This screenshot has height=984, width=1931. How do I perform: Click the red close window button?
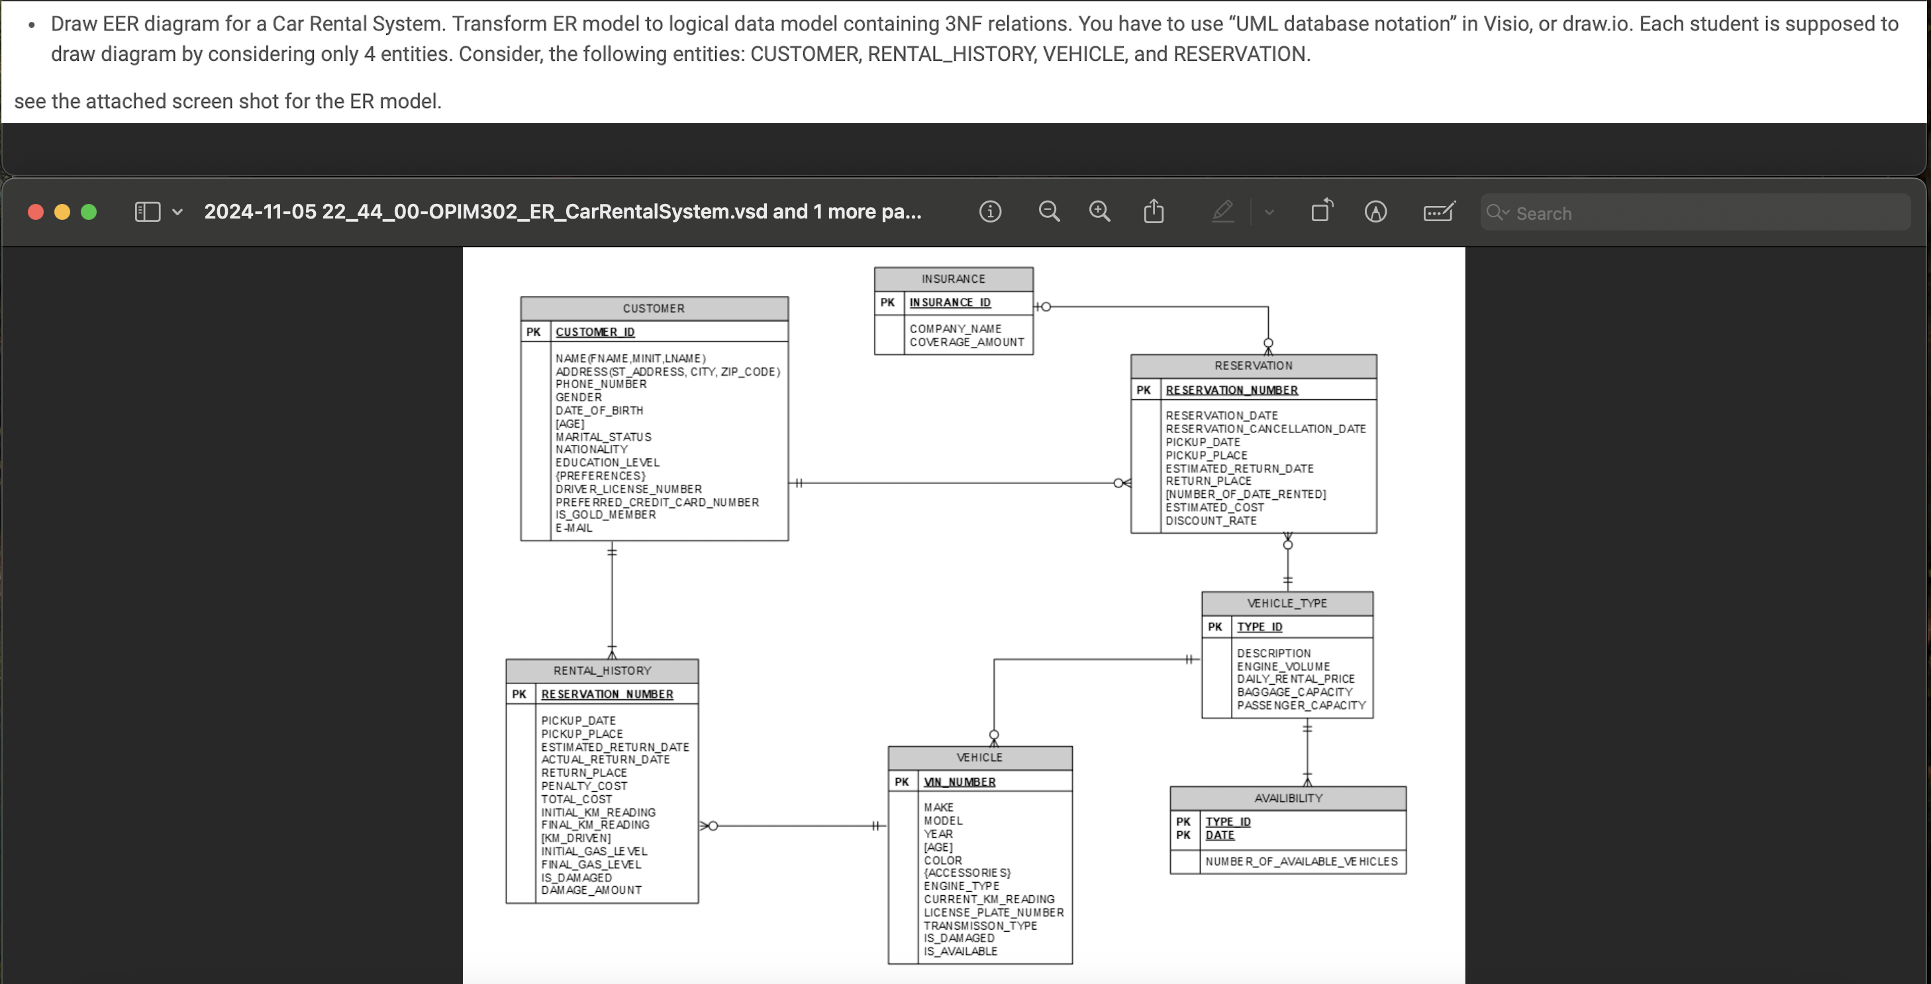tap(35, 212)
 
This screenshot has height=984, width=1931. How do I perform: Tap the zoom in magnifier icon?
tap(1099, 212)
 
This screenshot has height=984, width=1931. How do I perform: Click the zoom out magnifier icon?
tap(1049, 212)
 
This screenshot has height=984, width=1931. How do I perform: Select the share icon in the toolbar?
tap(1154, 212)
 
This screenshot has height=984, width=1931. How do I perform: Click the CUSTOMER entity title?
tap(654, 309)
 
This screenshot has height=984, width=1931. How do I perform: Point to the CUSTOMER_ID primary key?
tap(595, 332)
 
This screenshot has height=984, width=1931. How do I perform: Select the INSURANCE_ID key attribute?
tap(950, 303)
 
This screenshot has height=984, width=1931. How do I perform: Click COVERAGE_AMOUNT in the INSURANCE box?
tap(966, 342)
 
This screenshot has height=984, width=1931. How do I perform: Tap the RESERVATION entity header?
tap(1254, 366)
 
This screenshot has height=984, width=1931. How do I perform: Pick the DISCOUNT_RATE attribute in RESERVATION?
tap(1211, 521)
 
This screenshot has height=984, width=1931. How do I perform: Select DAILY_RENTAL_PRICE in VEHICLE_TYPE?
tap(1295, 679)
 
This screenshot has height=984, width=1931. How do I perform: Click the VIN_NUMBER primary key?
tap(960, 781)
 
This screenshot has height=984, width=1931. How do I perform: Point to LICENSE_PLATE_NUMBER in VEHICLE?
tap(993, 912)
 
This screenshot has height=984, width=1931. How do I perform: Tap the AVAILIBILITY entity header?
tap(1288, 798)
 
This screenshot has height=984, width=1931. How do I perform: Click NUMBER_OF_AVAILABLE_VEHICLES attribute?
tap(1301, 862)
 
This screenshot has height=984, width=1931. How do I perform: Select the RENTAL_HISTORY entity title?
tap(602, 671)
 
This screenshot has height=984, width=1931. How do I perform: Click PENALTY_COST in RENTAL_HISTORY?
tap(584, 786)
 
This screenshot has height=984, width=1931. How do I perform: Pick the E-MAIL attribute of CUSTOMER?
tap(573, 528)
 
